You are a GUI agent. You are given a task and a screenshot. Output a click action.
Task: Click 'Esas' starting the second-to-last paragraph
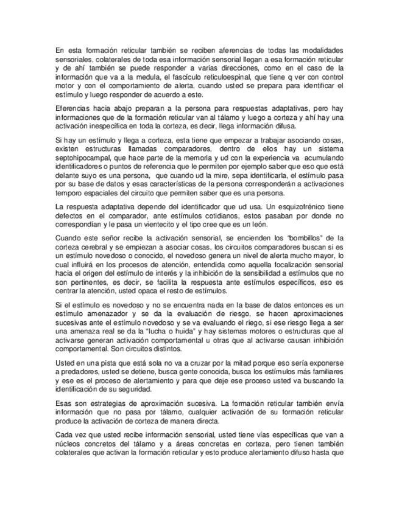tap(64, 404)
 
